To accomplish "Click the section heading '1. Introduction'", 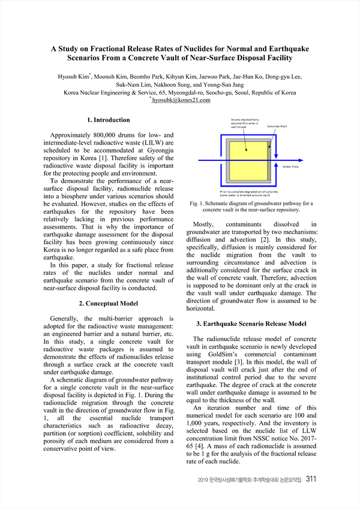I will click(108, 120).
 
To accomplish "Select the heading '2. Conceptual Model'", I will click(108, 303).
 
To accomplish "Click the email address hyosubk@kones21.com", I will click(181, 100).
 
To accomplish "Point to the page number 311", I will click(311, 479).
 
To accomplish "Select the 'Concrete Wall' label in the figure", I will click(277, 127).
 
